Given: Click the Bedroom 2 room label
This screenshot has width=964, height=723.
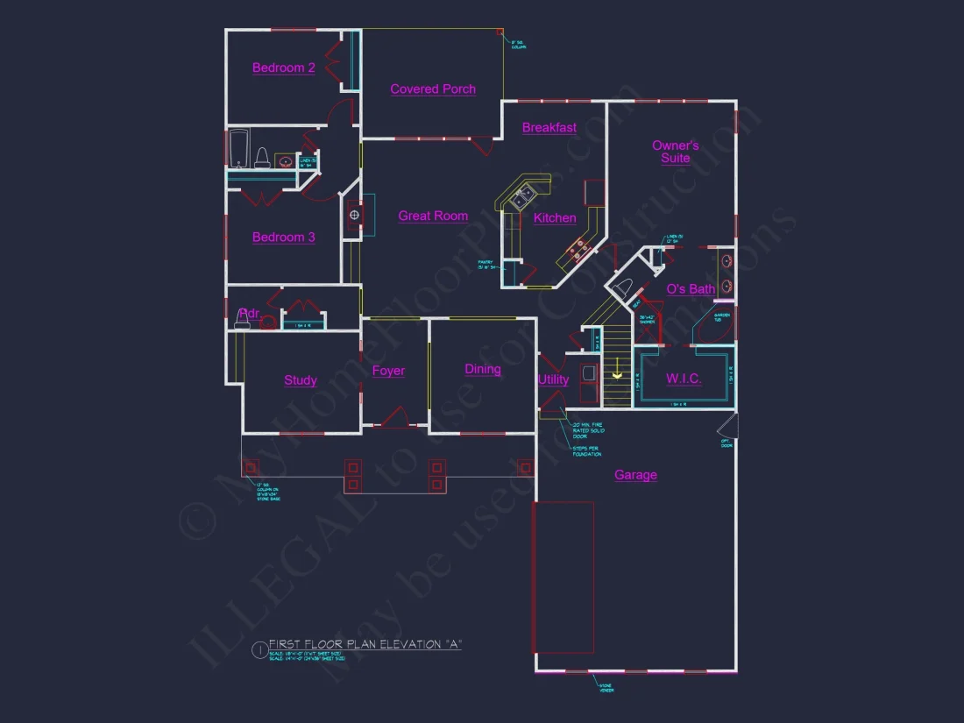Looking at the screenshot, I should [284, 67].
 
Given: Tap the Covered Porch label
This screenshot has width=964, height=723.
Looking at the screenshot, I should [433, 89].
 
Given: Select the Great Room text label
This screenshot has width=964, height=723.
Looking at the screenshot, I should [433, 216].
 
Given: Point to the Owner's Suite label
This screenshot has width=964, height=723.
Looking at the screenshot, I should [675, 152].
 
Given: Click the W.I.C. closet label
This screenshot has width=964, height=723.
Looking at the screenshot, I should [684, 379].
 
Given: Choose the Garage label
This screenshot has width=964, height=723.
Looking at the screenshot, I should [635, 475].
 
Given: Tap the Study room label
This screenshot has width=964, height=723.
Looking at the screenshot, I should [301, 380].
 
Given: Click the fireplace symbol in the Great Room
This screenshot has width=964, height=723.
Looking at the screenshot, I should [354, 214].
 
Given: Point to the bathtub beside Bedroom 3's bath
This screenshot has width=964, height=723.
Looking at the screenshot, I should [238, 149].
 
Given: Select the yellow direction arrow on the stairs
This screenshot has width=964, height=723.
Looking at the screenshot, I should [617, 375].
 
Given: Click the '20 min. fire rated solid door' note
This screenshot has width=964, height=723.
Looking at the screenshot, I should [587, 430].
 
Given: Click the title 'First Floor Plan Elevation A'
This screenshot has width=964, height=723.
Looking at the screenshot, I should [365, 644].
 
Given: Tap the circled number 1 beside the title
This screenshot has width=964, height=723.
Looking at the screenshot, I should [259, 649].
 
